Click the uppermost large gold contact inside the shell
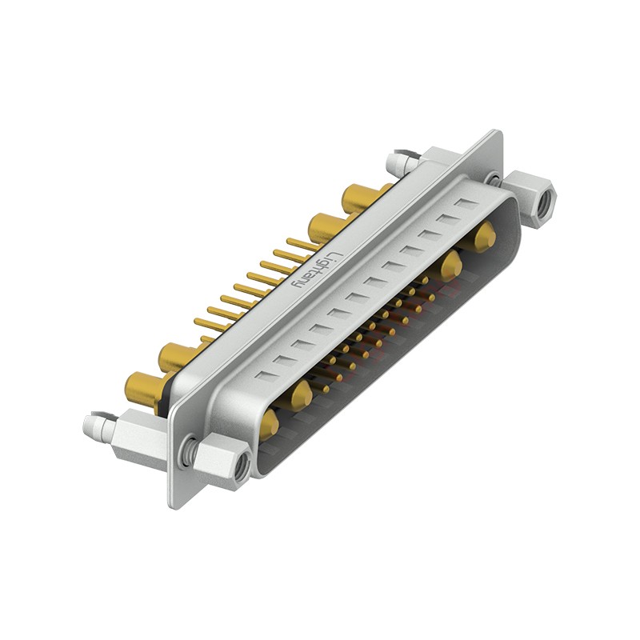pos(483,238)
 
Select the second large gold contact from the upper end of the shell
pos(451,265)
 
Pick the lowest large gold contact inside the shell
pos(270,423)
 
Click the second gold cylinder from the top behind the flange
pos(324,227)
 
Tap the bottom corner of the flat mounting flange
pos(175,504)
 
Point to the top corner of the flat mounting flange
pos(498,133)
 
